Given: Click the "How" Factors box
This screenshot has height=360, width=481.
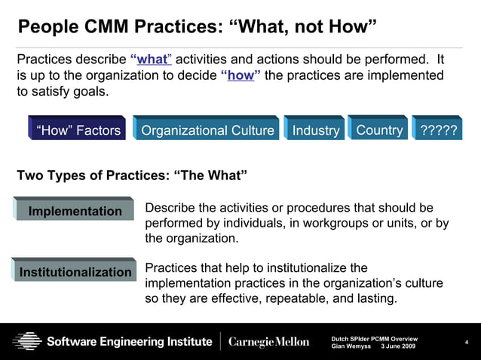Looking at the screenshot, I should coord(78,130).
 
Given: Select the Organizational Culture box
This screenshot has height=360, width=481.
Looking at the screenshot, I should coord(207,130).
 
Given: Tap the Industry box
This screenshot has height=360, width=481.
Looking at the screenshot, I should coord(315,130).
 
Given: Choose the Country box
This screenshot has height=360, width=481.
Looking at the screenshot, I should coord(378,130).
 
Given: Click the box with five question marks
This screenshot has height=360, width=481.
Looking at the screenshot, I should coord(440,130).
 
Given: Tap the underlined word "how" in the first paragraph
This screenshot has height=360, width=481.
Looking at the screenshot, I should coord(240,75).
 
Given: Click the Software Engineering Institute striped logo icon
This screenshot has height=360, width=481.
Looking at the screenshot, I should coord(26,342).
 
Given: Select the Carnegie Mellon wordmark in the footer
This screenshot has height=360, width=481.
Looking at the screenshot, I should coord(268,342).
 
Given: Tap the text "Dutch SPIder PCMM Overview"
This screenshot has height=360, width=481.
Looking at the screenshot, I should coord(374,338).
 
